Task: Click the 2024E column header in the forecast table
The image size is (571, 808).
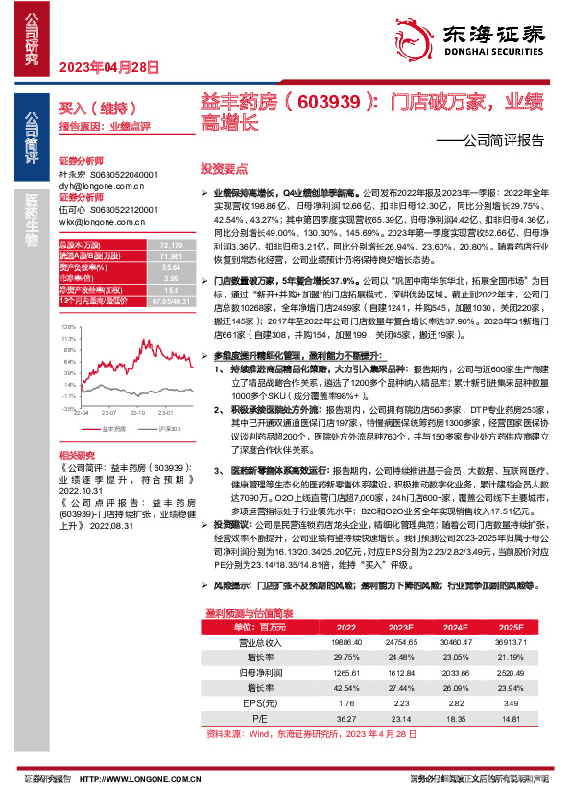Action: click(450, 626)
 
